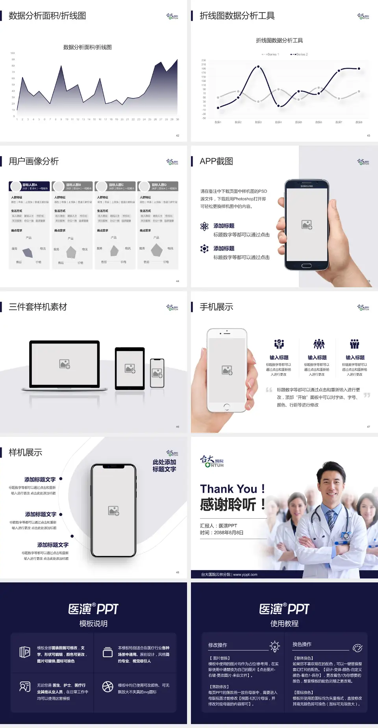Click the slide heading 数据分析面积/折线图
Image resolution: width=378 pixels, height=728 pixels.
click(x=47, y=16)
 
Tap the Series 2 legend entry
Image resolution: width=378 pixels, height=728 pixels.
click(x=300, y=54)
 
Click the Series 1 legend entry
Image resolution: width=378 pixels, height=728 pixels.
click(x=271, y=54)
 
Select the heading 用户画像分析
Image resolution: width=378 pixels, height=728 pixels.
click(x=34, y=161)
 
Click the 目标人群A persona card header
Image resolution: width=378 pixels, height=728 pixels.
click(x=30, y=186)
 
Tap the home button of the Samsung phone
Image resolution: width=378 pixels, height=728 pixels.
click(x=306, y=266)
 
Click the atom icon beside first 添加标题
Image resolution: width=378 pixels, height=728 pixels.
click(x=204, y=226)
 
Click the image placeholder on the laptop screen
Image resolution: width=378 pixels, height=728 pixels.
click(x=65, y=364)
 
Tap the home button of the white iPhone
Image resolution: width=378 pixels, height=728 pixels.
click(x=227, y=406)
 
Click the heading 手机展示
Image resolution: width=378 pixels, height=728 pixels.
click(x=217, y=307)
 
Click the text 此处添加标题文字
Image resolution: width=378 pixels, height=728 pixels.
click(x=164, y=466)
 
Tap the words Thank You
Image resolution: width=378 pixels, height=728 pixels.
click(x=228, y=489)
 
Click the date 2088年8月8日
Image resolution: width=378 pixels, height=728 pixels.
click(x=228, y=532)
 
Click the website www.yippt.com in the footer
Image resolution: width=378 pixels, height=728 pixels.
click(x=245, y=575)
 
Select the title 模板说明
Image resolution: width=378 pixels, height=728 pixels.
click(x=93, y=624)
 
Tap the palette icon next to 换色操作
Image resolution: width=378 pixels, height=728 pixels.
click(x=358, y=648)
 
